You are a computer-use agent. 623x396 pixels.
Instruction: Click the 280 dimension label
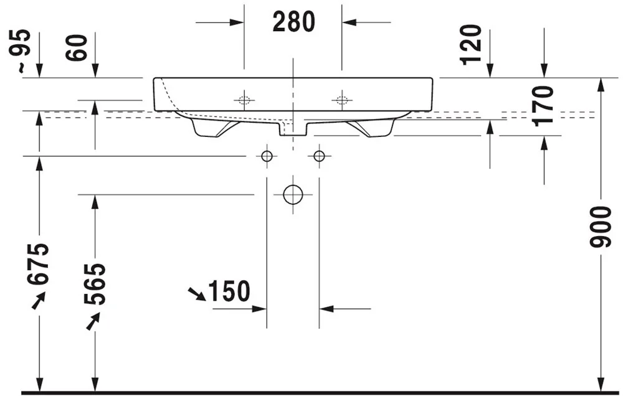(x=293, y=22)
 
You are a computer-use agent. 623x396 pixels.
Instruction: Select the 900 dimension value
(x=600, y=227)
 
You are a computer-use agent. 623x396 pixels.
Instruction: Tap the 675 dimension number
(x=38, y=264)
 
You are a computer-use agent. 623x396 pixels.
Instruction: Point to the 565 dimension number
(x=95, y=283)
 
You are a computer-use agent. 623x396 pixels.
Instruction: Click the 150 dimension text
(x=229, y=291)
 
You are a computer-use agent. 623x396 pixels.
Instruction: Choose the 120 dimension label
(x=470, y=44)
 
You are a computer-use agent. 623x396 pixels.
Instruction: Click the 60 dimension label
(x=77, y=48)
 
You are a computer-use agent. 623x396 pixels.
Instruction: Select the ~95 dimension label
(x=19, y=51)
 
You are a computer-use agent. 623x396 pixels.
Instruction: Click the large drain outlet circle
(x=293, y=195)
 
